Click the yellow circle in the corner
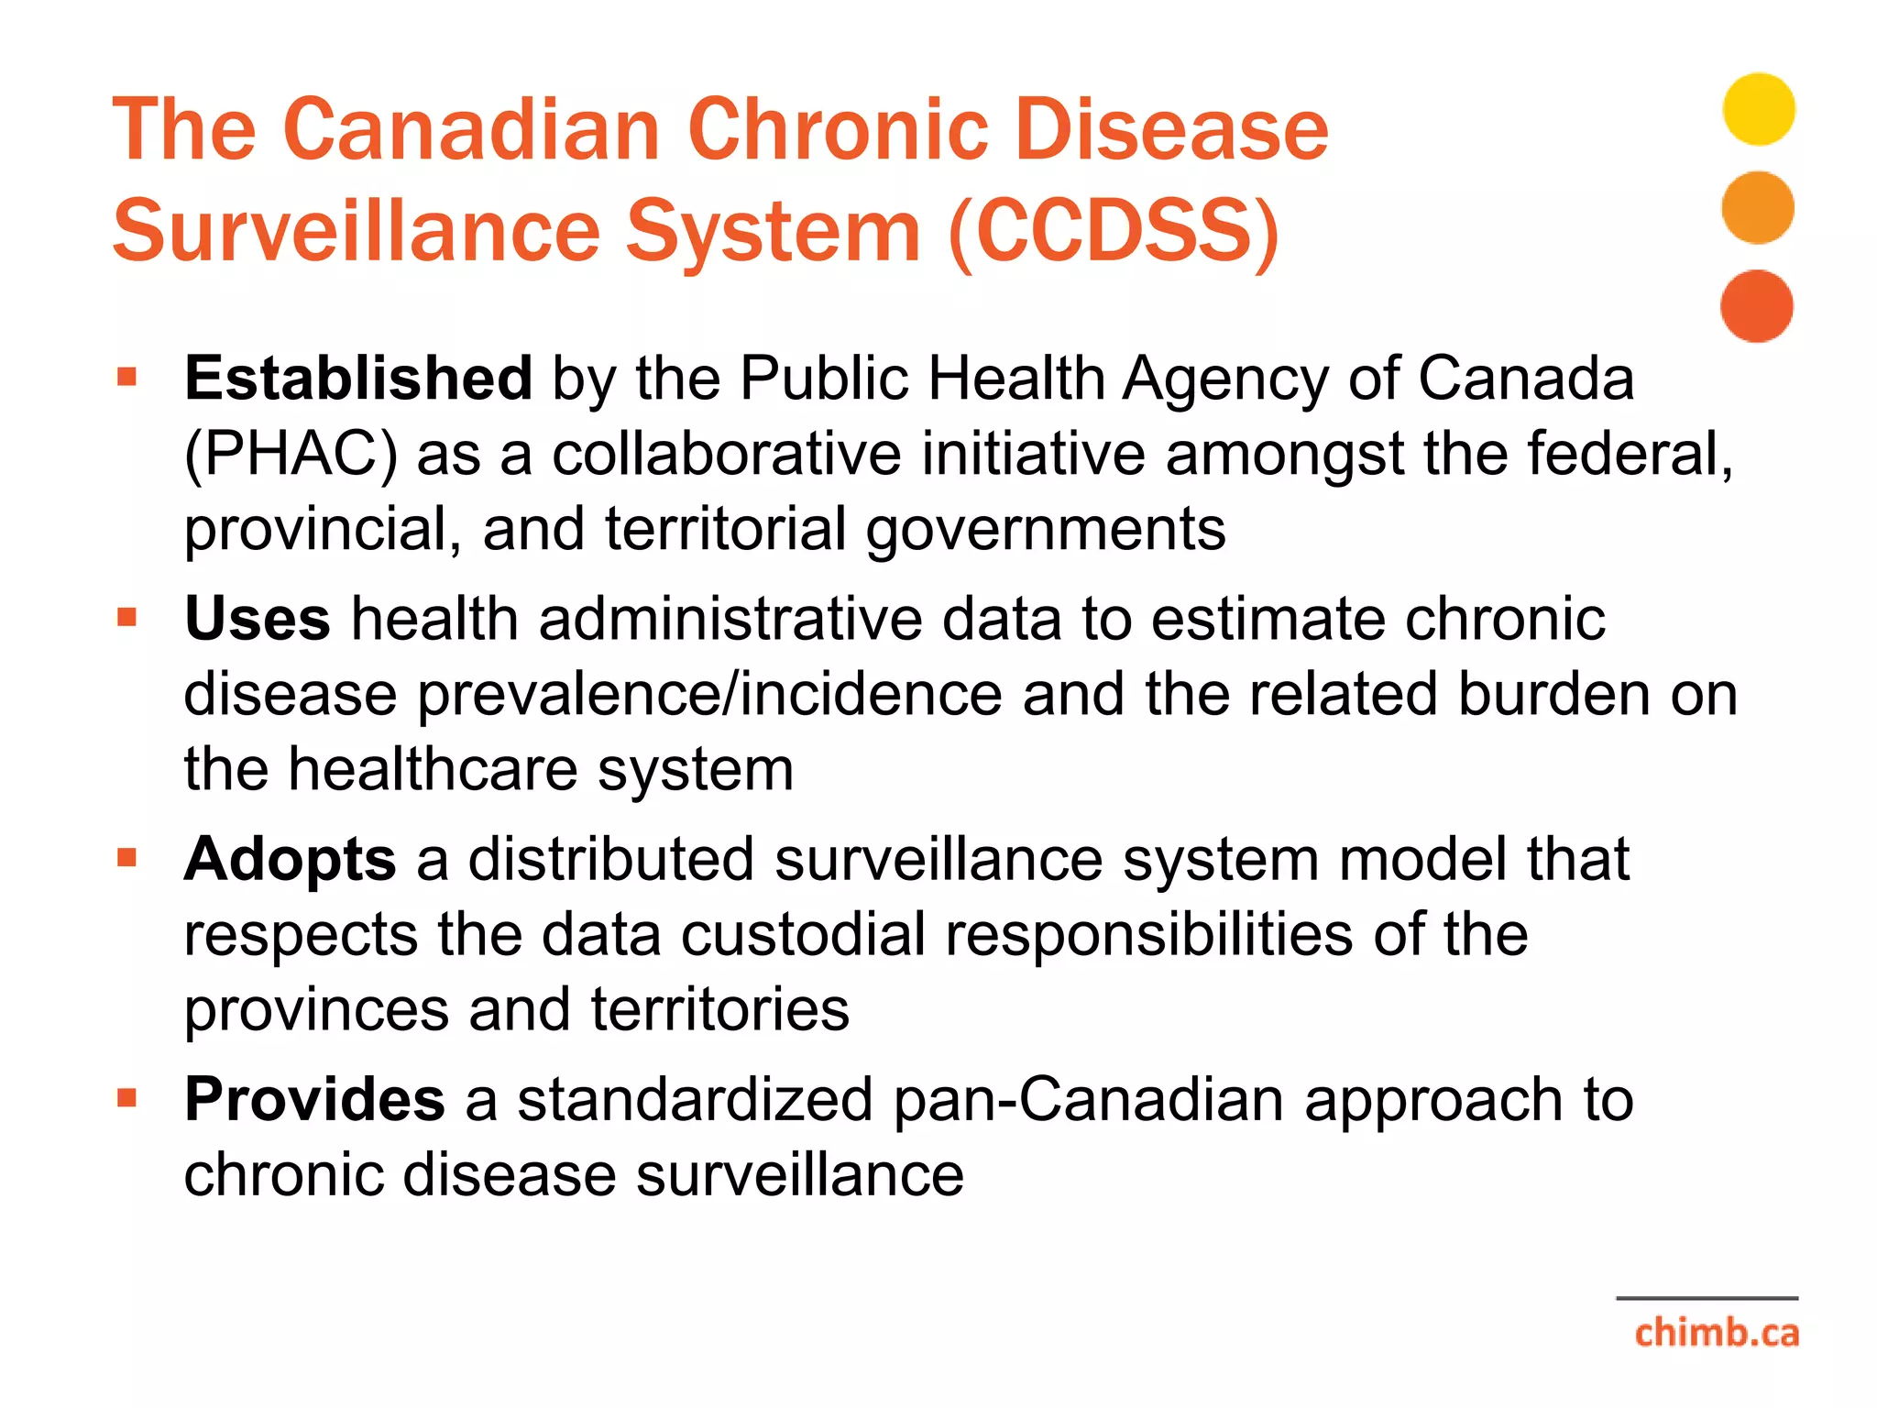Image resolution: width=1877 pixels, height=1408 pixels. click(1758, 109)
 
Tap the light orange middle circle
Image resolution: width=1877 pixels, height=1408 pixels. click(1757, 207)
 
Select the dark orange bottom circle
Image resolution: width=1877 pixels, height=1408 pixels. click(1756, 306)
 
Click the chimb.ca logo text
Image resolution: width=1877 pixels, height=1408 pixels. click(1716, 1332)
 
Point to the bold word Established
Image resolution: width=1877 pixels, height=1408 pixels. click(358, 378)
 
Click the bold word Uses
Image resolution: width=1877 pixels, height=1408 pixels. click(258, 619)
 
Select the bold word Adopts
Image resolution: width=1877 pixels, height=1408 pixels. click(290, 859)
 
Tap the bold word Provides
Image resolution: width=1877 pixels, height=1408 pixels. click(314, 1099)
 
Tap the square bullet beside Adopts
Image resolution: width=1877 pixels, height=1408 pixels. click(126, 858)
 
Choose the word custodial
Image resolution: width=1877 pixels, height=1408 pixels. click(803, 935)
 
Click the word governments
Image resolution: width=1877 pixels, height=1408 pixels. click(1046, 531)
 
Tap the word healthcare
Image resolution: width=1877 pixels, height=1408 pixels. click(433, 769)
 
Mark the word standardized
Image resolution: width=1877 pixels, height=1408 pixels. click(695, 1099)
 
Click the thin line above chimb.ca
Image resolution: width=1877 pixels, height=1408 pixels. click(1707, 1298)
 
